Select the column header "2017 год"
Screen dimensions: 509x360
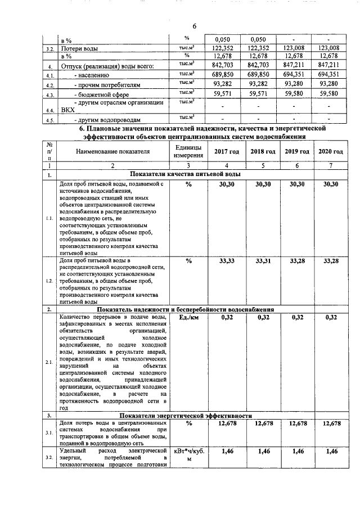[227, 152]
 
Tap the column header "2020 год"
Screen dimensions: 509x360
[330, 152]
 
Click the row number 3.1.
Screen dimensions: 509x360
[49, 432]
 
